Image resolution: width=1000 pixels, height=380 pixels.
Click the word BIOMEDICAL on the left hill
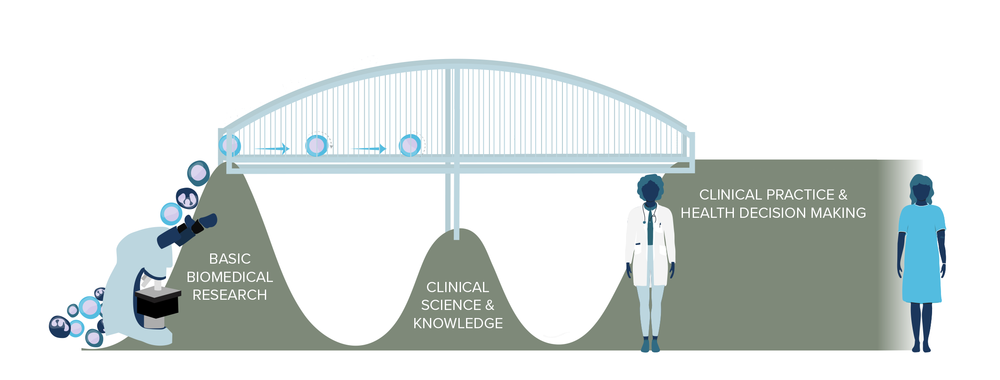click(230, 277)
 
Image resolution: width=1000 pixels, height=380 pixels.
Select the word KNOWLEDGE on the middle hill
click(458, 324)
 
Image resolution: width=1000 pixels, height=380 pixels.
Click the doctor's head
click(650, 189)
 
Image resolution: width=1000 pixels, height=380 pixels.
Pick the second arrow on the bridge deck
click(368, 149)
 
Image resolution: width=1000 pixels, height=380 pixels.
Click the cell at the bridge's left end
click(230, 145)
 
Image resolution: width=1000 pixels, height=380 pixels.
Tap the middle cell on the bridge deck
click(317, 146)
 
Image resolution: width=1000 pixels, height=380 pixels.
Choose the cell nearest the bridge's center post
click(410, 145)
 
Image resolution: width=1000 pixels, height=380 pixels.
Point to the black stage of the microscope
click(158, 301)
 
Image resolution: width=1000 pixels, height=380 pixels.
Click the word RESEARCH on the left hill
click(230, 295)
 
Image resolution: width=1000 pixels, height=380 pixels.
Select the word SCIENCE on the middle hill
click(451, 305)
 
